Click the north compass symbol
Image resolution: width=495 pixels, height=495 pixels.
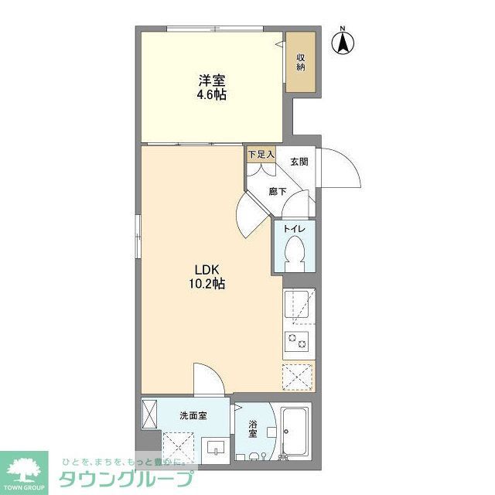[x=341, y=42]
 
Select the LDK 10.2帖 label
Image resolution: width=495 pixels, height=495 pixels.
[x=208, y=277]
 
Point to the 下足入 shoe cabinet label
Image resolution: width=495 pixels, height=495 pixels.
[x=261, y=155]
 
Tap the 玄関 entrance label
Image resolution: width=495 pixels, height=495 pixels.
[x=299, y=162]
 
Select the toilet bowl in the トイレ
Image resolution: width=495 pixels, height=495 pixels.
[x=295, y=251]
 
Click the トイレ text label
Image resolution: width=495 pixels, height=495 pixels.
[x=294, y=229]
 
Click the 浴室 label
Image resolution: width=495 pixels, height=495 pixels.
[x=253, y=430]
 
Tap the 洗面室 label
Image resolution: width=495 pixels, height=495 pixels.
[x=193, y=416]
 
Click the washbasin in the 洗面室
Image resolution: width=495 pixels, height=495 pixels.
[x=214, y=448]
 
